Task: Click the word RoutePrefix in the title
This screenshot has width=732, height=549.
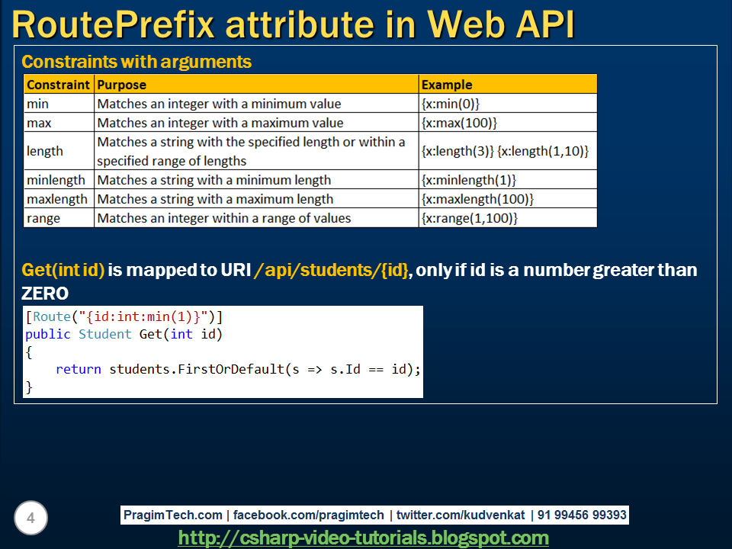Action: pyautogui.click(x=113, y=24)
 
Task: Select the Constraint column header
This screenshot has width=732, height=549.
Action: pyautogui.click(x=58, y=85)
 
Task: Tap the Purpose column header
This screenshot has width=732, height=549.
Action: pyautogui.click(x=121, y=85)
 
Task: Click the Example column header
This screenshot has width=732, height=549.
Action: pyautogui.click(x=447, y=85)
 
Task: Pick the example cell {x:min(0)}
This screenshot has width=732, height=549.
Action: pyautogui.click(x=451, y=104)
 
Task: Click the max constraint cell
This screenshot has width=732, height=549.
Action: pyautogui.click(x=39, y=123)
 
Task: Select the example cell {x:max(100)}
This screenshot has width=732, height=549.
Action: pyautogui.click(x=459, y=123)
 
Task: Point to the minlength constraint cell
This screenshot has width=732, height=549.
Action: pyautogui.click(x=56, y=180)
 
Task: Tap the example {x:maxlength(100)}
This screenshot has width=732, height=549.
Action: pyautogui.click(x=477, y=199)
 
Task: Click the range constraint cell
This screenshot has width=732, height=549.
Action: pyautogui.click(x=43, y=219)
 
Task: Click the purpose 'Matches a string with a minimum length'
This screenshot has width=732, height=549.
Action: pyautogui.click(x=213, y=180)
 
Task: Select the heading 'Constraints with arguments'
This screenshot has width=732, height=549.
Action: pyautogui.click(x=136, y=62)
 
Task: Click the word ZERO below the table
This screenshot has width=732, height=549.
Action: pyautogui.click(x=45, y=293)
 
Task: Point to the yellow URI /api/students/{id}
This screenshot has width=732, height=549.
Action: pyautogui.click(x=332, y=270)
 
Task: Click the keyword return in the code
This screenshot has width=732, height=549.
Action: pyautogui.click(x=79, y=369)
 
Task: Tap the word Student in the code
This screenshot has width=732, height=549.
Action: pyautogui.click(x=105, y=334)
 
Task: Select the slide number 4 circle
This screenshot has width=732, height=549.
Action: pyautogui.click(x=30, y=518)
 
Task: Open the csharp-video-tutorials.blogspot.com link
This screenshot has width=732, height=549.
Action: pyautogui.click(x=363, y=538)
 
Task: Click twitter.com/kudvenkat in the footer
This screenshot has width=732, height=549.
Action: pyautogui.click(x=461, y=515)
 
